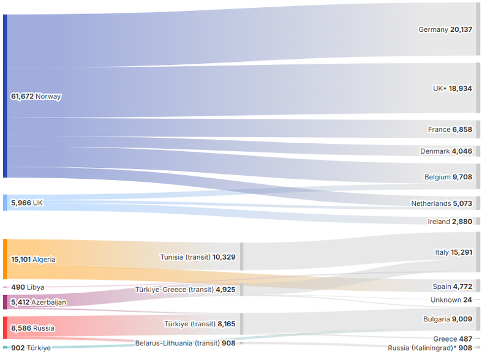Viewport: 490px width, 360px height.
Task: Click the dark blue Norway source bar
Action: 5,96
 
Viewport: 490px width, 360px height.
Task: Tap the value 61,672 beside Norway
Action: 22,97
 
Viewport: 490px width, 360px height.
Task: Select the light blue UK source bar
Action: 5,203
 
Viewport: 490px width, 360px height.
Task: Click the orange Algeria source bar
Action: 5,260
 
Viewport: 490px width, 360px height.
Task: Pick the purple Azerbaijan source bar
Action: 5,302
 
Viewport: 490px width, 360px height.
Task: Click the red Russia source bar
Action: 5,328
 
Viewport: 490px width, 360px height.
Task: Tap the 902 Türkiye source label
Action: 31,348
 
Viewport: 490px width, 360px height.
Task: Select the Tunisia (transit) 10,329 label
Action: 197,257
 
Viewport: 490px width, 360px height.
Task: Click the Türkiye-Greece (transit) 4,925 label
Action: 184,290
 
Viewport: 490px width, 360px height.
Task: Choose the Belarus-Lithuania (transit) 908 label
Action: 185,343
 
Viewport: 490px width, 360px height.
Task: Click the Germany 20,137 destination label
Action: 445,29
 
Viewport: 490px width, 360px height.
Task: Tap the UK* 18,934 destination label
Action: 452,89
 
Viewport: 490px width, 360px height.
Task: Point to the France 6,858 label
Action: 450,130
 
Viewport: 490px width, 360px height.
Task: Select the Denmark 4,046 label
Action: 446,151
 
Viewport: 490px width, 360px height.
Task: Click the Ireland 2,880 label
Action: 450,222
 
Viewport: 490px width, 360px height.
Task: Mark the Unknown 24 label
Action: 451,300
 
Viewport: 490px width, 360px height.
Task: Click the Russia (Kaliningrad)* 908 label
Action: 430,348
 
